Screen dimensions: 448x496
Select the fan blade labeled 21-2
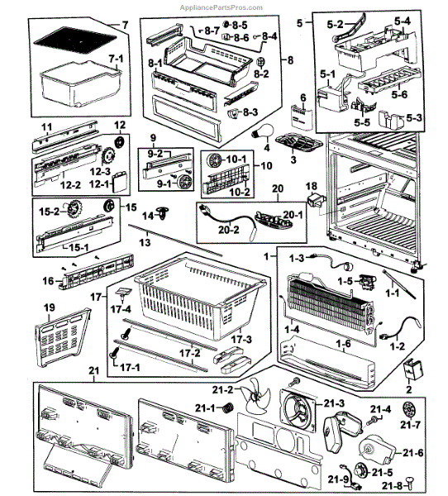(x=256, y=394)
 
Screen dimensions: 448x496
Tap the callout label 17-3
(x=241, y=340)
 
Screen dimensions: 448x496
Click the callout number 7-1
(x=116, y=59)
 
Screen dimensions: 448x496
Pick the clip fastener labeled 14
(x=164, y=213)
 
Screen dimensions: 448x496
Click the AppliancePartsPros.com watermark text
(x=222, y=7)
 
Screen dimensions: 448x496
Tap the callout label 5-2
(x=335, y=24)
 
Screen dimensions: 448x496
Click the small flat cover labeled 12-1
(x=121, y=182)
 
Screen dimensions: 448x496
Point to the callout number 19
(x=50, y=308)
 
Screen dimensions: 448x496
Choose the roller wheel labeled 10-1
(x=213, y=160)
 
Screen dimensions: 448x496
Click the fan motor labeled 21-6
(x=376, y=451)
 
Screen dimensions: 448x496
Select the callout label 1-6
(x=344, y=343)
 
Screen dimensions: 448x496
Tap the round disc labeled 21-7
(x=410, y=410)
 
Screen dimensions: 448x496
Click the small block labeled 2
(x=413, y=370)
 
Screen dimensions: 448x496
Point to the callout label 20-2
(x=229, y=230)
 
